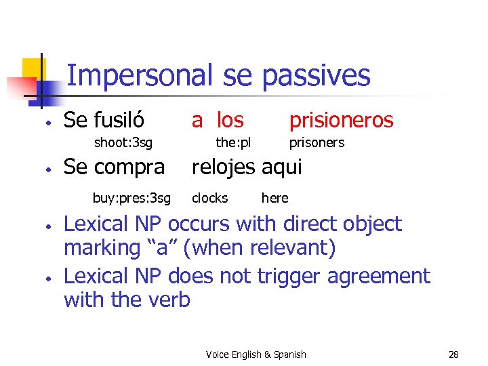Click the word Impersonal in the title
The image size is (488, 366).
click(x=141, y=75)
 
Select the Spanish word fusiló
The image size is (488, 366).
click(x=119, y=120)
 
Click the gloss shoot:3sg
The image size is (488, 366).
click(x=123, y=142)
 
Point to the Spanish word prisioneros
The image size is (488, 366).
click(x=341, y=120)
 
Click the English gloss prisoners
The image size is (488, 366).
click(x=317, y=142)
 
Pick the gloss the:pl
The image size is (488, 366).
click(x=233, y=142)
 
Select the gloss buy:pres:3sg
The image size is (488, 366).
click(x=131, y=198)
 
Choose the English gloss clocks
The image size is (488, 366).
click(x=209, y=198)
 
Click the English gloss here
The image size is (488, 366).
click(x=274, y=198)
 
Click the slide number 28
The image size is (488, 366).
click(x=453, y=354)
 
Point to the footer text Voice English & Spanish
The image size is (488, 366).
click(x=256, y=354)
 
